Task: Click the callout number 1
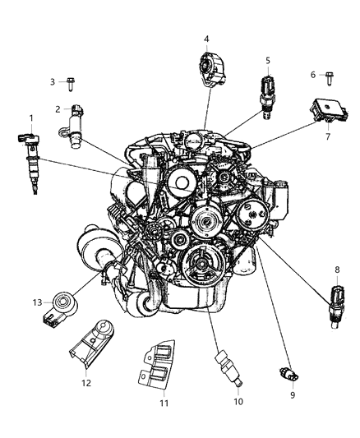pos(30,118)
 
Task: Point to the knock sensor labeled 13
pos(62,306)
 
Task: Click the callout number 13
pos(37,302)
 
